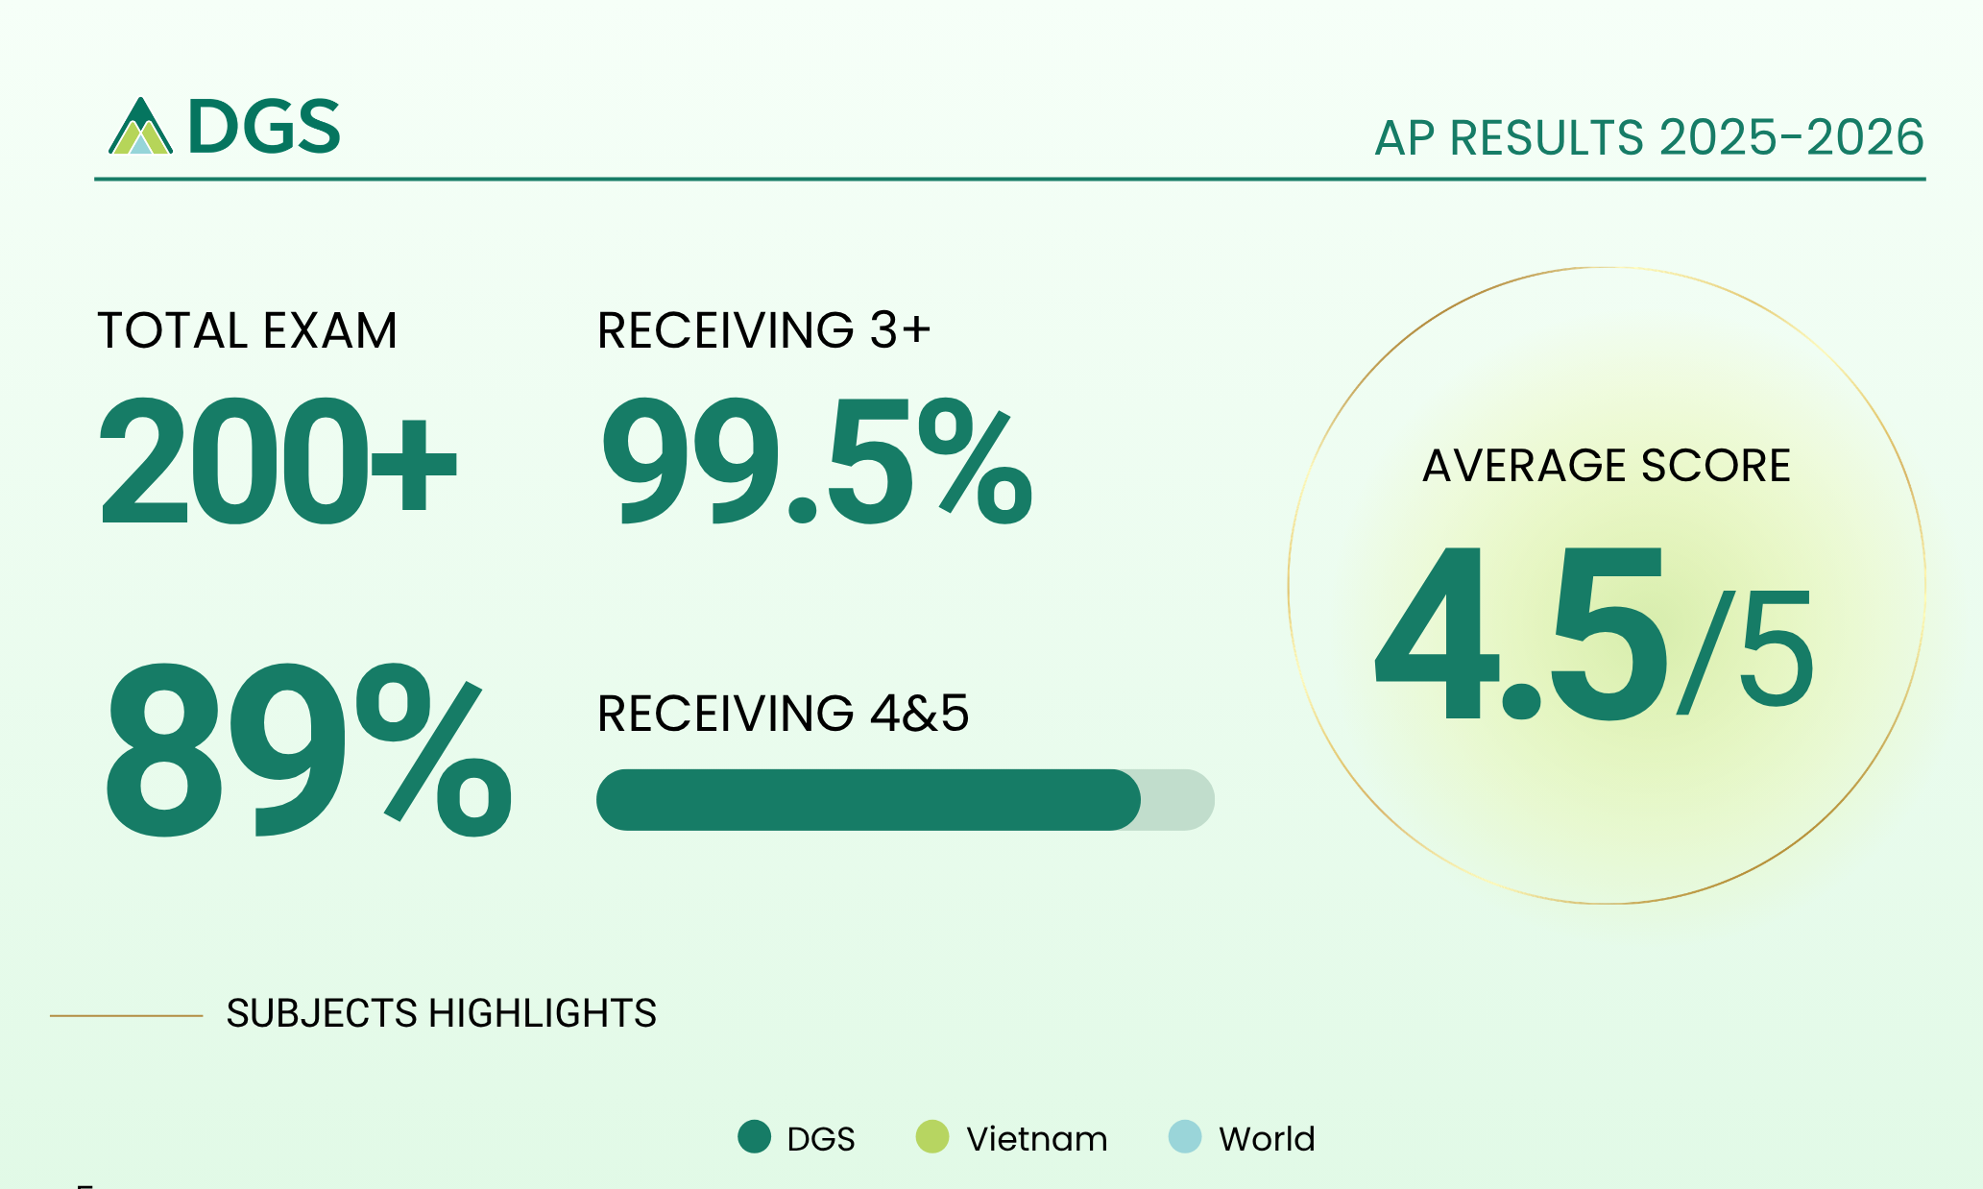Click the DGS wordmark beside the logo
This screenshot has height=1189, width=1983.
point(264,127)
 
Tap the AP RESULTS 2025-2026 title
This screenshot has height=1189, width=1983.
point(1649,137)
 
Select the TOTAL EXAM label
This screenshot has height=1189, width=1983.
point(247,330)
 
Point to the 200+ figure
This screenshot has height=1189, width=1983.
point(278,461)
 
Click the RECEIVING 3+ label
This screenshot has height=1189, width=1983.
point(763,329)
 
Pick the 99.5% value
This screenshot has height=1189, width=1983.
point(817,462)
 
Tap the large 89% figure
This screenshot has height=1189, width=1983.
point(307,749)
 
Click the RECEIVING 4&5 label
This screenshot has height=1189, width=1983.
point(783,713)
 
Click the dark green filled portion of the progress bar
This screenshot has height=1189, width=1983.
point(868,799)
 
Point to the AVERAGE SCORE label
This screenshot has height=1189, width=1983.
point(1606,466)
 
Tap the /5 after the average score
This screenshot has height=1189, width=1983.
point(1746,650)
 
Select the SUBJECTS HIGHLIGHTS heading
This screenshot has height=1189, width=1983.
point(441,1013)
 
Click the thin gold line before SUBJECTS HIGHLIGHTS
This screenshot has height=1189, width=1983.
point(126,1015)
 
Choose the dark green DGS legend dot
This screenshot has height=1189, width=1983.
point(755,1137)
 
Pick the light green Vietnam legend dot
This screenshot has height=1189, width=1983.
point(932,1137)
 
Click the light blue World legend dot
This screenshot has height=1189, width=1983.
point(1185,1137)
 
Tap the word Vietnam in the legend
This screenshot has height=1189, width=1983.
point(1037,1138)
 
